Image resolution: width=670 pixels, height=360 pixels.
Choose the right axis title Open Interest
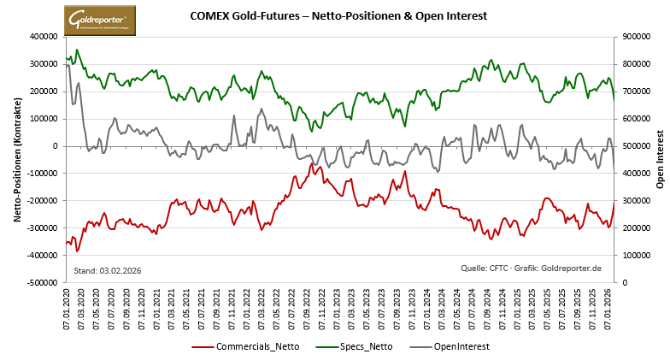[659, 159]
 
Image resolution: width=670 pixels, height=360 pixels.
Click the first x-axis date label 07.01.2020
[68, 306]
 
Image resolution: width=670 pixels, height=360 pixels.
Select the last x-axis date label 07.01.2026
[608, 306]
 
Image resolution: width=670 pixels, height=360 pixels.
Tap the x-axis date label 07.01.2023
[338, 306]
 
